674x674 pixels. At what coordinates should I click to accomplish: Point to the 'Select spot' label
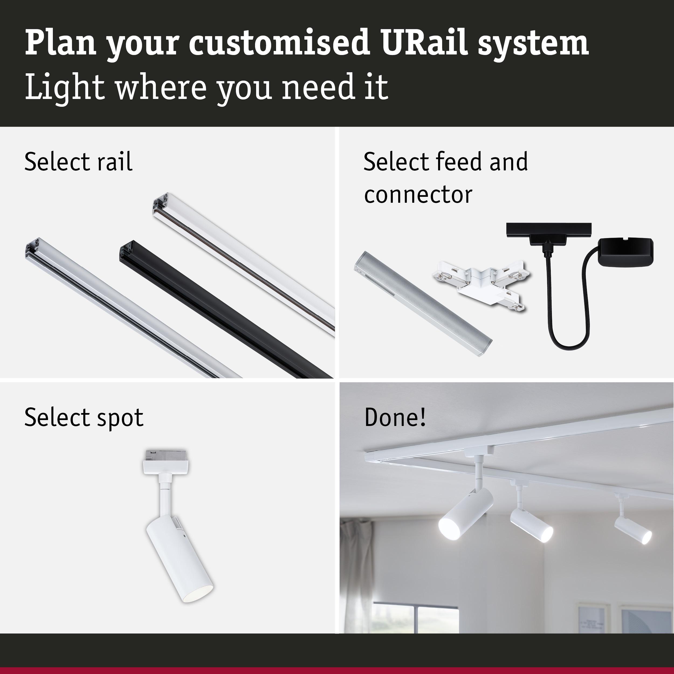84,417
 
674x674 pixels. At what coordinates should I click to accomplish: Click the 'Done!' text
395,417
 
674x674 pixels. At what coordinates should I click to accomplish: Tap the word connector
418,194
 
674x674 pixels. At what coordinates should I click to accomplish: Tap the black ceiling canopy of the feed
625,253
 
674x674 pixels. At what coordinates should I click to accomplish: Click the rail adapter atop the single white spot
166,462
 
